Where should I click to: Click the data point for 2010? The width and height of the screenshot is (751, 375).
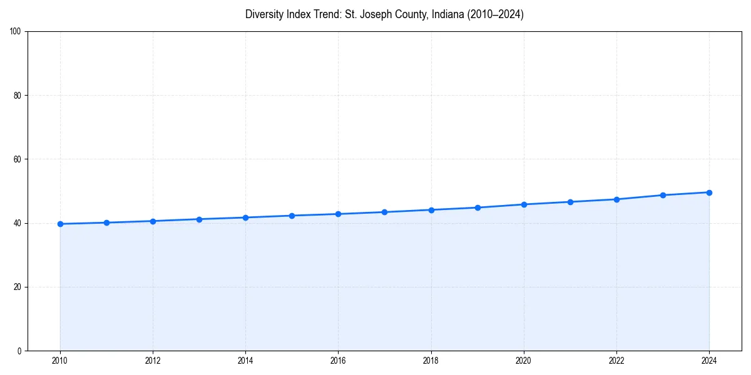(x=60, y=224)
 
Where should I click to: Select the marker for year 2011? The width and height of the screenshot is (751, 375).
(x=106, y=222)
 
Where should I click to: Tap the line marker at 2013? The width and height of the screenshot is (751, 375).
(x=199, y=219)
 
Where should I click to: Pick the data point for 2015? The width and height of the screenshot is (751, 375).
(x=292, y=216)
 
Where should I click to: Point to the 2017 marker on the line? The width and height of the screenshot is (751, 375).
(x=384, y=212)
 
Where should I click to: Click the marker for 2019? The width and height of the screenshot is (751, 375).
(x=478, y=207)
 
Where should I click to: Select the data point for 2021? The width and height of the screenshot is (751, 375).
(x=570, y=202)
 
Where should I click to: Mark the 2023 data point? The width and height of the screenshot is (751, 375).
(x=663, y=195)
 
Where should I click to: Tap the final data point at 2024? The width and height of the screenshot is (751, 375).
(x=709, y=192)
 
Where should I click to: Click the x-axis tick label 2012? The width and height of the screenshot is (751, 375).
(x=153, y=361)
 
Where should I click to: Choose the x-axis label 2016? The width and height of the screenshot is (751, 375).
(x=338, y=361)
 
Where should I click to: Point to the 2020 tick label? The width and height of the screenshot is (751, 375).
(x=524, y=361)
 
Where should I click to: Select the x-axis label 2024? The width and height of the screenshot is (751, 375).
(x=709, y=361)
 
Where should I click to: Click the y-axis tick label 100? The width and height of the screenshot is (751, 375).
(x=16, y=31)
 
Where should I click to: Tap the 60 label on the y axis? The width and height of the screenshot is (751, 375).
(x=18, y=159)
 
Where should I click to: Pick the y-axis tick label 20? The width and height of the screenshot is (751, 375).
(x=18, y=287)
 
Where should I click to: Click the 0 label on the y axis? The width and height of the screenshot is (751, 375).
(x=19, y=351)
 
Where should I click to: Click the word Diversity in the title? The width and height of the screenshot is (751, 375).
(x=263, y=14)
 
